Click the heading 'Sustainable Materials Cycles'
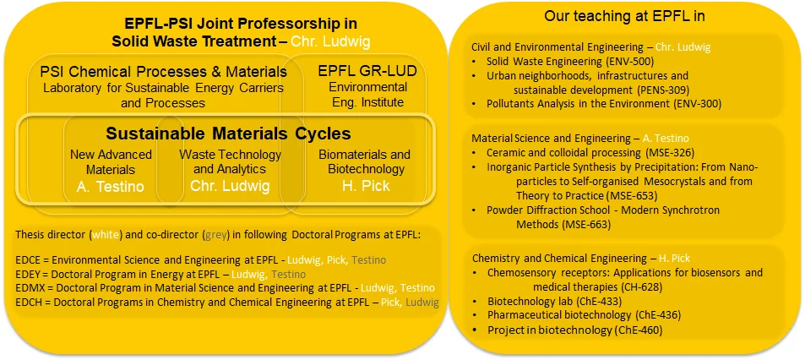click(228, 134)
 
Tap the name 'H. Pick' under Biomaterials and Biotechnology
click(364, 186)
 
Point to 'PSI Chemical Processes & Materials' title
click(163, 71)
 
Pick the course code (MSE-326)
click(670, 153)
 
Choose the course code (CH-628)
click(634, 286)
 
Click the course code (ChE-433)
click(590, 300)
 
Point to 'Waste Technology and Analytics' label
click(230, 162)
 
